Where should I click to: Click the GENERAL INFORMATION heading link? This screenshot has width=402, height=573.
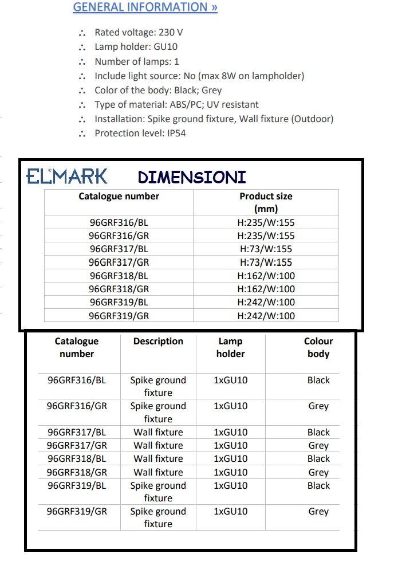click(x=145, y=7)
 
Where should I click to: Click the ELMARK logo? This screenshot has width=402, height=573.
click(x=67, y=176)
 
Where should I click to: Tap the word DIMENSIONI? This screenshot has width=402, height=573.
click(x=192, y=177)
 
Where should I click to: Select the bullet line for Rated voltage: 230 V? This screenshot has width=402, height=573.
click(x=139, y=33)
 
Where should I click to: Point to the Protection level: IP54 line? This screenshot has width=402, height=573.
click(x=140, y=133)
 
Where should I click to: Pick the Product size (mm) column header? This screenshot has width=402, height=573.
click(x=266, y=202)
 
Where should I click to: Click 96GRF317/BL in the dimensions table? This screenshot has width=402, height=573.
click(x=119, y=249)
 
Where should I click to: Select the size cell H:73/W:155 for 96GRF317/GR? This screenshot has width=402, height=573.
click(x=266, y=262)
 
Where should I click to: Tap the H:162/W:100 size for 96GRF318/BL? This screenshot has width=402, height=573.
click(x=266, y=276)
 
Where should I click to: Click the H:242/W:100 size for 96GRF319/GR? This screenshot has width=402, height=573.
click(x=266, y=316)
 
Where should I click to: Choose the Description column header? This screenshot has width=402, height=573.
click(x=158, y=342)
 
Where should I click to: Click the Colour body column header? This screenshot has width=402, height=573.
click(x=318, y=347)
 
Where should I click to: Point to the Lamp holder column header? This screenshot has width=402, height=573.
click(x=230, y=347)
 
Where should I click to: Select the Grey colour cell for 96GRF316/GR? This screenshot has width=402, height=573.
click(x=318, y=406)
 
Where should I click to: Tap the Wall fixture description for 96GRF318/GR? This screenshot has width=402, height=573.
click(x=158, y=472)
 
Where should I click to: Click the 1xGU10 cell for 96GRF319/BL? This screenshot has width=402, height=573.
click(x=230, y=485)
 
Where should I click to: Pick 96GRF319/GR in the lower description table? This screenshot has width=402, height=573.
click(x=77, y=512)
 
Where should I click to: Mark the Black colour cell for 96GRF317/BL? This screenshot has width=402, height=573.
click(x=318, y=433)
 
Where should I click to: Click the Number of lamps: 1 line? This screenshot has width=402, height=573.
click(x=137, y=61)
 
